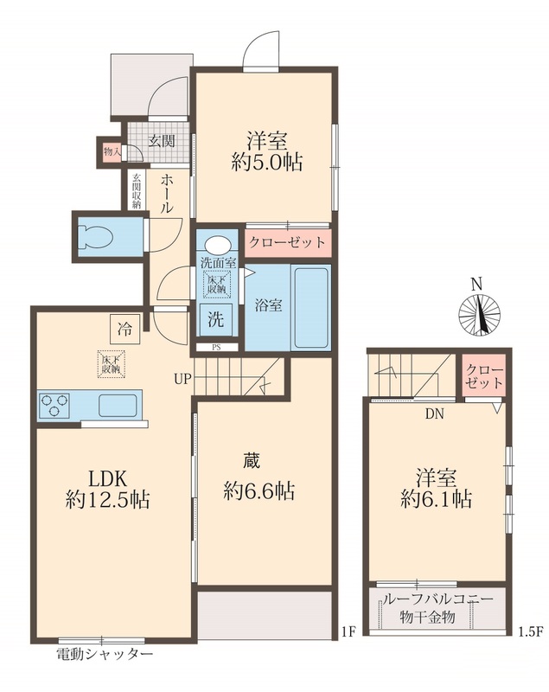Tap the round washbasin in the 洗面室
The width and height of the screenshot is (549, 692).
(x=217, y=246)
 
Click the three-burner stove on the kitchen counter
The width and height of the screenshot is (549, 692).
(x=54, y=405)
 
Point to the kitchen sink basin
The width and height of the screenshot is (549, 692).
(x=118, y=405)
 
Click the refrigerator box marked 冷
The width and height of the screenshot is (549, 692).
(x=124, y=329)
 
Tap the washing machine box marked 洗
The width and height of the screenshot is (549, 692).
(x=216, y=319)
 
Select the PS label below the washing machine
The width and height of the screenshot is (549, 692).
(x=216, y=348)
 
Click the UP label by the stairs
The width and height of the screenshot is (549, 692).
(x=182, y=379)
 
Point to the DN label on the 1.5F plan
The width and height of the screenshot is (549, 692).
(x=434, y=414)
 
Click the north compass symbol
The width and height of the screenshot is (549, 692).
(x=479, y=315)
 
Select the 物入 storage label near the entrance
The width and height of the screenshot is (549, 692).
(x=112, y=152)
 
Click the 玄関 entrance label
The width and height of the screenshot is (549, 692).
(x=162, y=141)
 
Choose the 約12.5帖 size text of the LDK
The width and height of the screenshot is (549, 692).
(x=107, y=500)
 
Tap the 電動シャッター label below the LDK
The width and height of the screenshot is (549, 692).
(x=105, y=654)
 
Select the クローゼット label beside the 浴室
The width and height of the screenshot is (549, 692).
(x=288, y=242)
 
